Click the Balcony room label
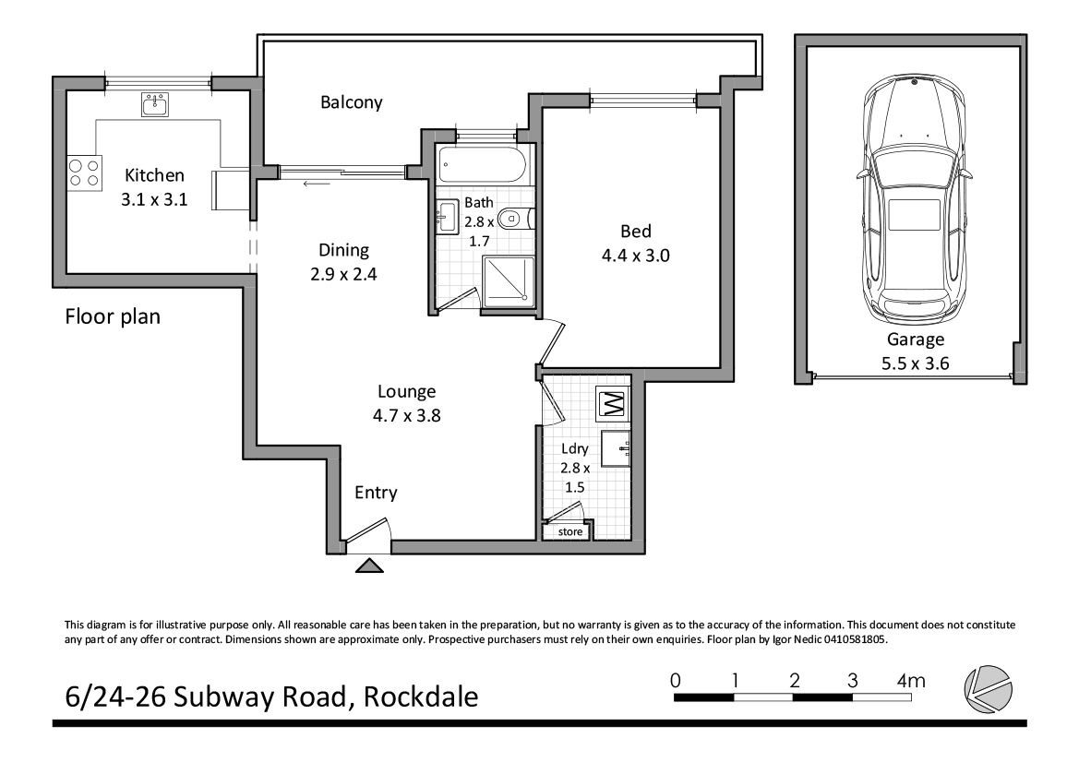pyautogui.click(x=351, y=102)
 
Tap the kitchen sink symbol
pyautogui.click(x=156, y=104)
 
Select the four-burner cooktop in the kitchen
pyautogui.click(x=85, y=173)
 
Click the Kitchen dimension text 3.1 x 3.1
pyautogui.click(x=154, y=200)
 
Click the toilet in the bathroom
pyautogui.click(x=515, y=220)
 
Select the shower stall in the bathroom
pyautogui.click(x=509, y=281)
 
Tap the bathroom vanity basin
pyautogui.click(x=447, y=217)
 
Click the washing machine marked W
pyautogui.click(x=613, y=403)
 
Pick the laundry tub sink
pyautogui.click(x=616, y=449)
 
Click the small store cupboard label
pyautogui.click(x=569, y=531)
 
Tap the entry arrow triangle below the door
pyautogui.click(x=369, y=566)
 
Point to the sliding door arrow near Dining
pyautogui.click(x=316, y=184)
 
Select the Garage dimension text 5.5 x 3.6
pyautogui.click(x=915, y=363)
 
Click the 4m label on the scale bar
pyautogui.click(x=911, y=681)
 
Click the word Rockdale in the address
pyautogui.click(x=421, y=697)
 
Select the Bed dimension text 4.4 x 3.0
pyautogui.click(x=636, y=256)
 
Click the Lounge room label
pyautogui.click(x=407, y=392)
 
